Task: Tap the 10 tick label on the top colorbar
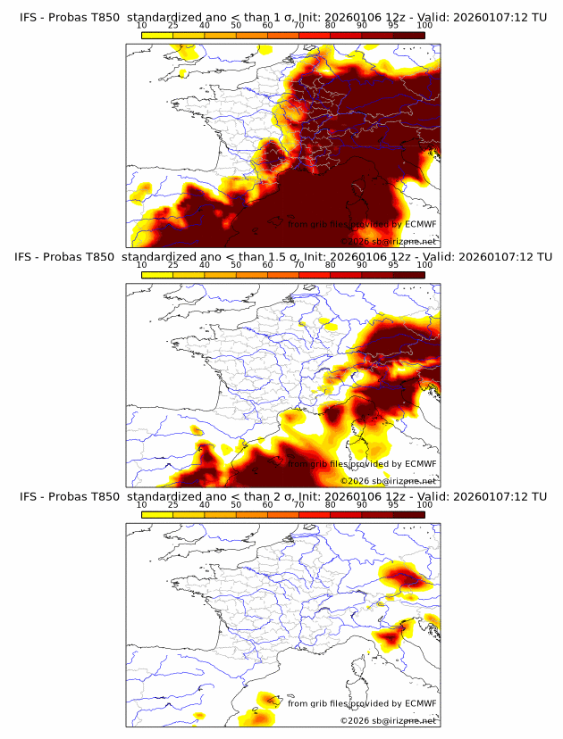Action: [142, 24]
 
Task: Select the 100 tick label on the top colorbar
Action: [424, 24]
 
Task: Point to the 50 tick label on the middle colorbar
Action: [236, 264]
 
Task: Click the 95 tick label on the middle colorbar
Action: [393, 264]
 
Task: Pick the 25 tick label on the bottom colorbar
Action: [173, 504]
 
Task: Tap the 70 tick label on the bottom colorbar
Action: [298, 504]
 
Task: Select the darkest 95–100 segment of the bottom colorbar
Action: [408, 514]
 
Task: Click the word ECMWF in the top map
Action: [421, 224]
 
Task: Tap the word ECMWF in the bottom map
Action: [421, 703]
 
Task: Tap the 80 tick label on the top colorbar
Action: [331, 24]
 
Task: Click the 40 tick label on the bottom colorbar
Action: [205, 504]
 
